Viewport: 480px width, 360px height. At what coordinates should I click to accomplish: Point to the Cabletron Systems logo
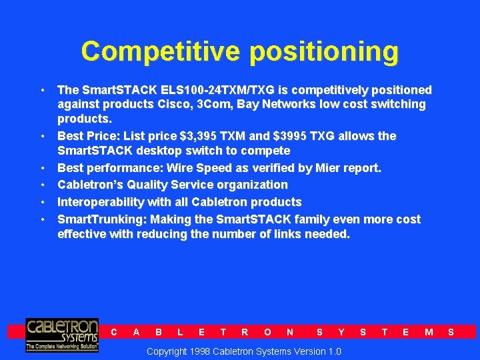tap(61, 335)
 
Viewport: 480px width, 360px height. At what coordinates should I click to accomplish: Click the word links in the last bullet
tap(270, 234)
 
